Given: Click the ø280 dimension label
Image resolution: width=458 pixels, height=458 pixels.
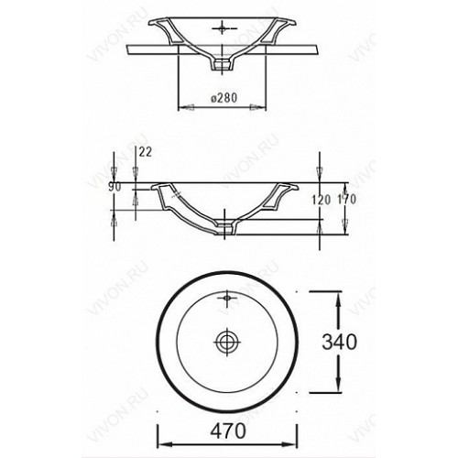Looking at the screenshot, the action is tap(224, 98).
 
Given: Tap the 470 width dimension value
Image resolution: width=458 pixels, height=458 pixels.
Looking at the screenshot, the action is tap(228, 431).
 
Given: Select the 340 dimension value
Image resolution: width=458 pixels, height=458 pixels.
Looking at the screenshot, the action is tap(339, 342).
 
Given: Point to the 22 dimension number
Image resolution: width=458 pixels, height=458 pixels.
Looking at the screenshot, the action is tap(146, 152).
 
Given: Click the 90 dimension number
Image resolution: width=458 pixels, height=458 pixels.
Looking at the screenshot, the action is tap(114, 187).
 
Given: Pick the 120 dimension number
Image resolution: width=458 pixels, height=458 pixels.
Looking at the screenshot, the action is tap(322, 200).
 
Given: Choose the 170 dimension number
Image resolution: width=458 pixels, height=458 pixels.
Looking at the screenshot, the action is tap(347, 200).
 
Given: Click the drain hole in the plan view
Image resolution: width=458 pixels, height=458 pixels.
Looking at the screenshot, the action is tap(227, 342).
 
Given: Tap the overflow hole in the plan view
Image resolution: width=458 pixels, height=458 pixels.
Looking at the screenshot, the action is tap(227, 297).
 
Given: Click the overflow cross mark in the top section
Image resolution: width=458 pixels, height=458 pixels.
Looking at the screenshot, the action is tap(224, 28).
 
